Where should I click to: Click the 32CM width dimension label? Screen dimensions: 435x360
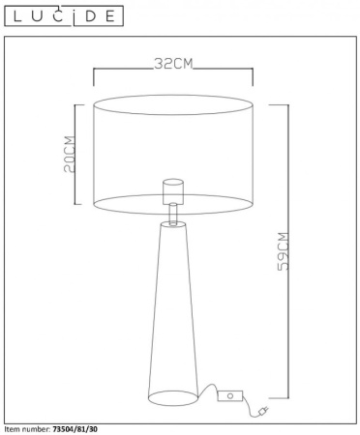click(x=174, y=65)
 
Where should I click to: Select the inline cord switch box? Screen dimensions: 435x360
click(x=230, y=394)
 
